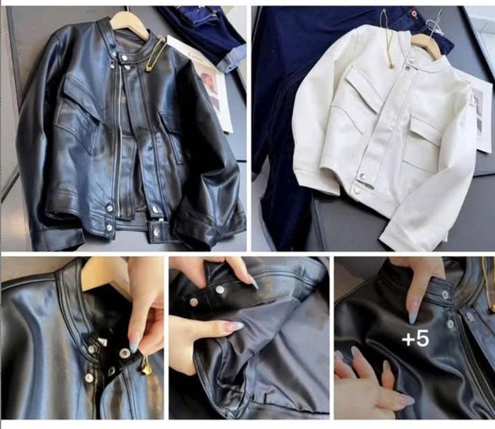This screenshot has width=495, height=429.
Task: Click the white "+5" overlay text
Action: click(x=416, y=339)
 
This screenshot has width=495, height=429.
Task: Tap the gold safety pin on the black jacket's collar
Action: click(x=156, y=53)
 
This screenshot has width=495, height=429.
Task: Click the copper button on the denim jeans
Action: click(x=414, y=14)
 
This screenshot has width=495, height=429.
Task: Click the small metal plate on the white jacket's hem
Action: click(x=366, y=185)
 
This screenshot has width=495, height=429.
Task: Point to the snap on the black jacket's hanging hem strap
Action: click(x=156, y=232)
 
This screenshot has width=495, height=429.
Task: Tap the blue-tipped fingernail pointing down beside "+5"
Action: click(x=412, y=317)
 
